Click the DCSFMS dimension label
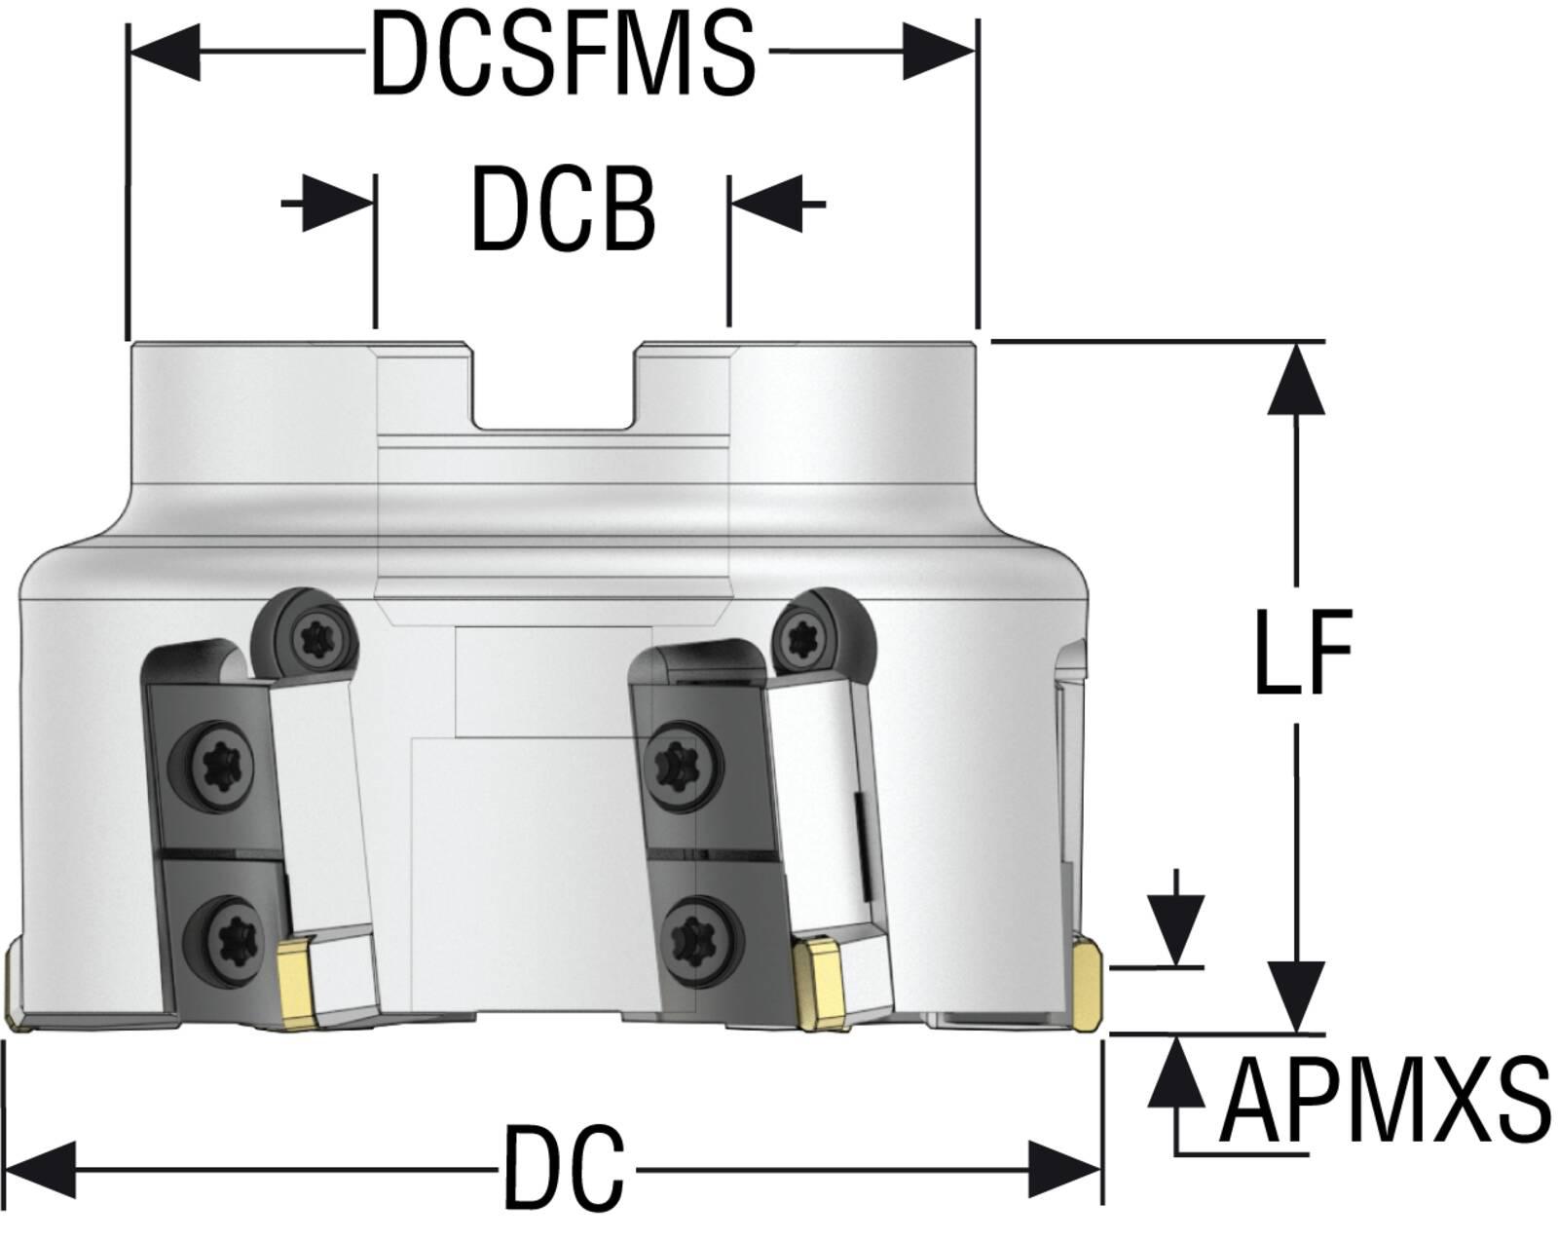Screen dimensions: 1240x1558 click(x=563, y=53)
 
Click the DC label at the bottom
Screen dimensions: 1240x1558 click(x=564, y=1167)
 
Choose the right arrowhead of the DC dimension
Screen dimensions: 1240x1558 click(x=1065, y=1169)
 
